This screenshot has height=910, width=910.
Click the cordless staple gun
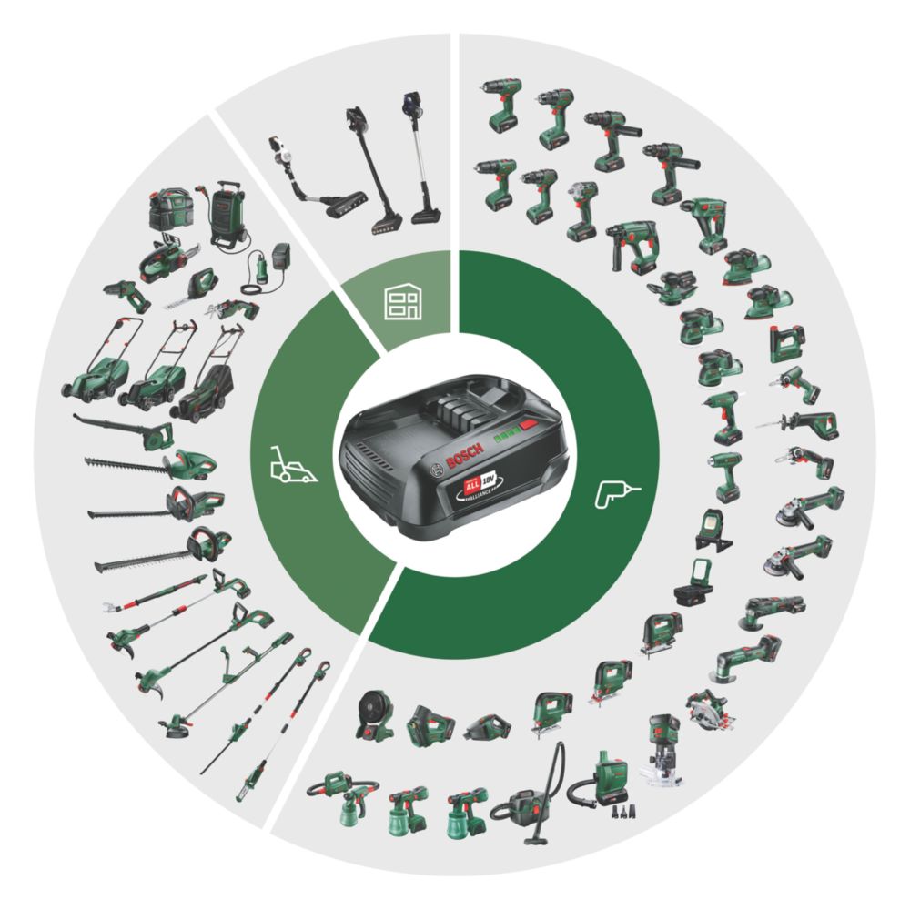click(787, 343)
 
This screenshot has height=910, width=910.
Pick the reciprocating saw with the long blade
click(801, 422)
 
